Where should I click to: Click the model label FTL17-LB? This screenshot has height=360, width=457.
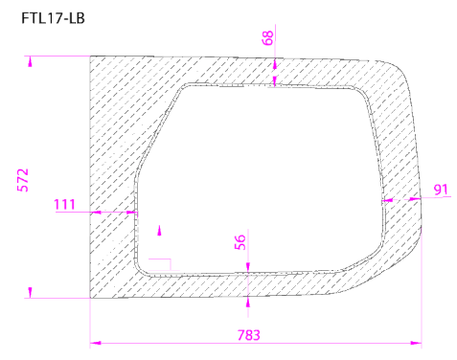[x=54, y=18]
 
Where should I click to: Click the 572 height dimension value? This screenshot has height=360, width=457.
[x=23, y=180]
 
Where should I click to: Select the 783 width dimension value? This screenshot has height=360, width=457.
[x=249, y=335]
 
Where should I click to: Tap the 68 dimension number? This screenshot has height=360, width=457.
[x=268, y=38]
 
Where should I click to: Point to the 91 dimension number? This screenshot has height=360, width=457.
[x=441, y=190]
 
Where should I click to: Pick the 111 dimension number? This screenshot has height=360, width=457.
[x=65, y=204]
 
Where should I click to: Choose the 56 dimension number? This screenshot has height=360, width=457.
[x=240, y=242]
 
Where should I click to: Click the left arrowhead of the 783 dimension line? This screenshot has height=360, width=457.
[x=95, y=343]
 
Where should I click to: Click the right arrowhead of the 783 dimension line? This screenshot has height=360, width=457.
[x=416, y=343]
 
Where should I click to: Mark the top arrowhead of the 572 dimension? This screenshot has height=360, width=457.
[x=30, y=61]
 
